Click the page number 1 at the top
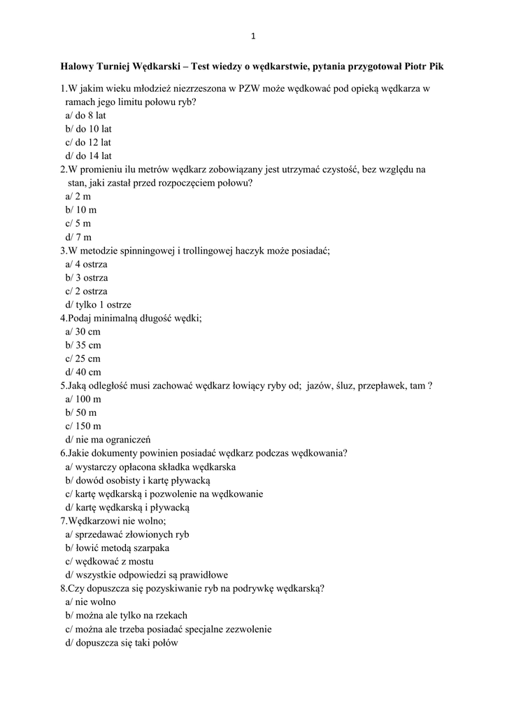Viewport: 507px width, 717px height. coord(253,36)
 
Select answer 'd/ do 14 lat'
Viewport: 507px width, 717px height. coord(89,156)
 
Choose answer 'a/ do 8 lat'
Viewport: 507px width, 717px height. coord(86,116)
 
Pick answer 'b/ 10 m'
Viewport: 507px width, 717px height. coord(81,210)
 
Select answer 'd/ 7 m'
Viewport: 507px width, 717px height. coord(79,237)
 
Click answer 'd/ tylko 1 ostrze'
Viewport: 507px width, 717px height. coord(99,305)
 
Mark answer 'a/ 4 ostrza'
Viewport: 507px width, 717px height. coord(87,265)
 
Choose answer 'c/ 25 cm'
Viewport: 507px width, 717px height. coord(83,358)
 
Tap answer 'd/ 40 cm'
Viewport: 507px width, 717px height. coord(83,372)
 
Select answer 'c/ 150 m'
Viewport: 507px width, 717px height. coord(83,426)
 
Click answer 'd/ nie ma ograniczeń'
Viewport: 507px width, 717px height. coord(103,439)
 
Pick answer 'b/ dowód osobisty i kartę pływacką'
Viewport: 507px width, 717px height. coord(138,480)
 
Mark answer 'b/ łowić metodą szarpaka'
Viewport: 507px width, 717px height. coord(117,548)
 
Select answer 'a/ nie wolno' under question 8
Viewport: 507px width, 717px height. coord(91,602)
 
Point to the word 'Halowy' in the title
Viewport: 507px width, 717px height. coord(77,67)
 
